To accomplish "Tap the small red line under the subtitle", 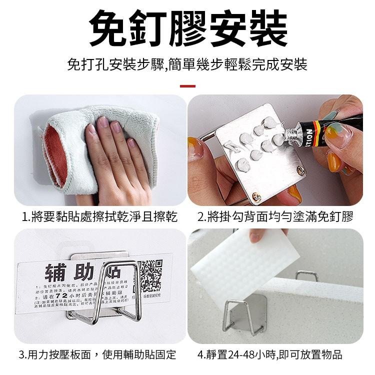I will tap(187, 86).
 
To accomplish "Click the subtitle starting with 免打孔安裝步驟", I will tap(187, 64).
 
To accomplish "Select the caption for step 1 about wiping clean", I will tap(99, 216).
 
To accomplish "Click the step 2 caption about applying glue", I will tap(275, 216).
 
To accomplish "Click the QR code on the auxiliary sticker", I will tap(150, 274).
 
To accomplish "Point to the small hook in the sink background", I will tap(306, 275).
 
